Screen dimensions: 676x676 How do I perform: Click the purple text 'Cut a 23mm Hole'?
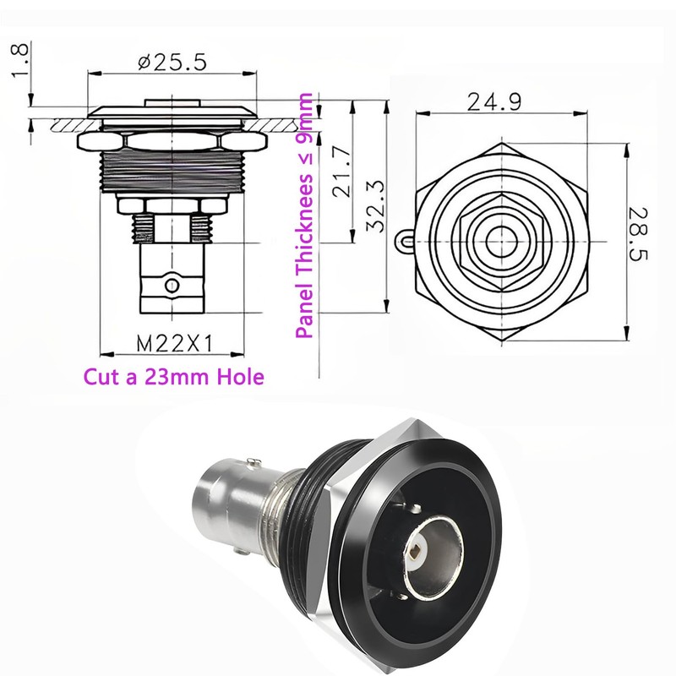point(172,376)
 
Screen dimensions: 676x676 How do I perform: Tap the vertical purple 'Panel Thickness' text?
point(305,215)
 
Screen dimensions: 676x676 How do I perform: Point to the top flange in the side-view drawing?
point(172,112)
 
